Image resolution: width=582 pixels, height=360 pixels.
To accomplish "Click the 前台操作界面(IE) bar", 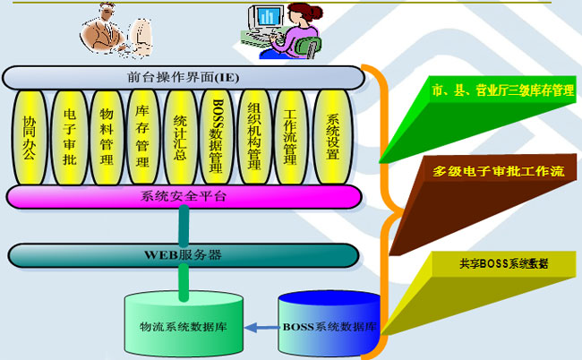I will [x=183, y=77].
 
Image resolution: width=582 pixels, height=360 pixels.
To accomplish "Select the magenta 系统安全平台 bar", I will [x=184, y=196].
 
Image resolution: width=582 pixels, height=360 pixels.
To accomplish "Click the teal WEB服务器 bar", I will [x=184, y=254].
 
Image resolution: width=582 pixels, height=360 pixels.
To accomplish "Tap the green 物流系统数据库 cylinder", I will [x=184, y=322].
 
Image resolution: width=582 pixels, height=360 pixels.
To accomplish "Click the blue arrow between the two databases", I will [x=262, y=327].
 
